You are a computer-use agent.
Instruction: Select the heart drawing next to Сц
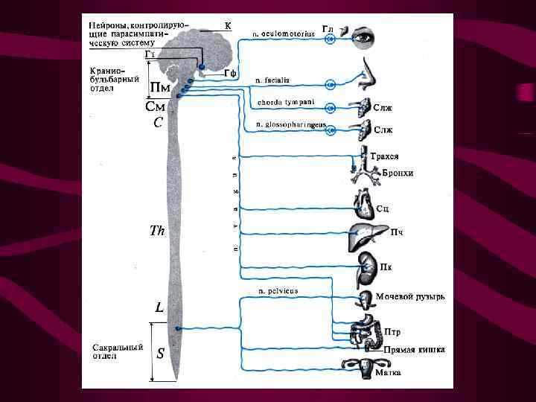tap(365, 202)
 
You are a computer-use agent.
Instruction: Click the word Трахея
tap(385, 157)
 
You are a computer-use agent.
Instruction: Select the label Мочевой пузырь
tap(410, 296)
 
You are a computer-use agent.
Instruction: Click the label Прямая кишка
tap(415, 348)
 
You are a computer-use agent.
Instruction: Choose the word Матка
tap(389, 371)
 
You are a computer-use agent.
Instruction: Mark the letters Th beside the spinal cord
tap(157, 231)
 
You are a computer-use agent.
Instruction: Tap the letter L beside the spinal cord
tap(159, 306)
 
